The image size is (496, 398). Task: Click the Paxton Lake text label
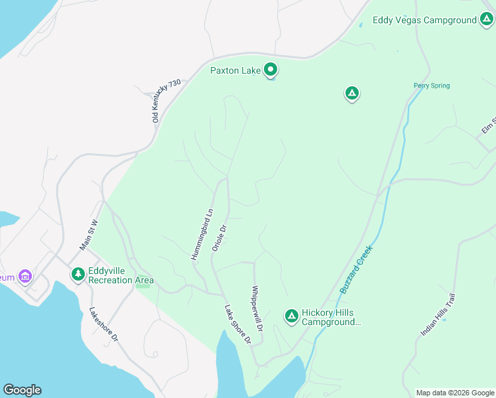tap(235, 70)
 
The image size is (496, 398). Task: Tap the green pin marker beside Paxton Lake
tap(271, 69)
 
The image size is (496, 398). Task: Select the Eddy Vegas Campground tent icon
tap(486, 20)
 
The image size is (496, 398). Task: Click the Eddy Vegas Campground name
tap(424, 21)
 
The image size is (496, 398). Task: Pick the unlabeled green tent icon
tap(351, 94)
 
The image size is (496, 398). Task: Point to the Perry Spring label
tap(431, 86)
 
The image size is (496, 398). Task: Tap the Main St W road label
tap(89, 235)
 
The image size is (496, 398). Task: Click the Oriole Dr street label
tap(219, 237)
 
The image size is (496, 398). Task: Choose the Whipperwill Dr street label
tap(257, 309)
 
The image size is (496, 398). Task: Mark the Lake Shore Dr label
tap(237, 324)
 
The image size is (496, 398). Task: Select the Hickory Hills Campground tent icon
tap(291, 316)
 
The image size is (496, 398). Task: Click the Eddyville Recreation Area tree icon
tap(78, 274)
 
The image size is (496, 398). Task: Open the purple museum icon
tap(26, 276)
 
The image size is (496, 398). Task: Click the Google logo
tap(22, 390)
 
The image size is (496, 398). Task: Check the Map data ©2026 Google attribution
tap(455, 393)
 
